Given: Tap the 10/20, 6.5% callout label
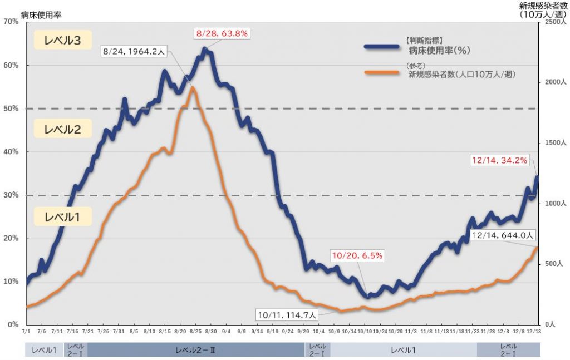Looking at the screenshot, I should (x=357, y=256).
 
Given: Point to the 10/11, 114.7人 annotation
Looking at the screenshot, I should (x=287, y=315).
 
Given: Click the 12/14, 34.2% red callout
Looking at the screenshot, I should (x=499, y=160).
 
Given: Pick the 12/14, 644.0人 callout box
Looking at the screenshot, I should (x=503, y=235).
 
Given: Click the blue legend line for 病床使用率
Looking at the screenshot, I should (x=382, y=47).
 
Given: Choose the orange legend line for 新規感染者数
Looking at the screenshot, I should (x=382, y=72).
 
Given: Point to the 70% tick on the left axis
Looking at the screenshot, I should (x=11, y=22).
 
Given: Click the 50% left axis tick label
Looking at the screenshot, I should (x=11, y=109).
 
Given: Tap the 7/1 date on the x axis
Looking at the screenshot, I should (x=26, y=331).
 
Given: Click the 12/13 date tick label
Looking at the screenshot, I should (x=535, y=331).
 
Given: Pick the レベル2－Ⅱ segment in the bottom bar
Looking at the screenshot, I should (x=195, y=349).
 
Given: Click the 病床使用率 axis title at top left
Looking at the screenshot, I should (x=41, y=14).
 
